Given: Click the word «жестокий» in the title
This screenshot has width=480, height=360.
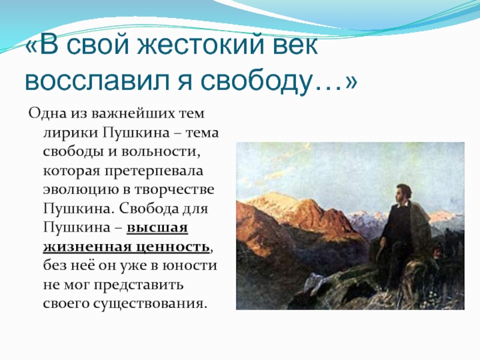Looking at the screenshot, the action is pos(200,46).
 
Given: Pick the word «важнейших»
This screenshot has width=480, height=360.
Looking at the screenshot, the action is pos(133,113).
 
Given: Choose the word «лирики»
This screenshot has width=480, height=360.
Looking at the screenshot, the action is pos(71,133).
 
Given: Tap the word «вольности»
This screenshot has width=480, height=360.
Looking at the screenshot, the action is pos(160,152).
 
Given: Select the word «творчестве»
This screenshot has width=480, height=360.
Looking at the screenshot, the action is pos(174,190).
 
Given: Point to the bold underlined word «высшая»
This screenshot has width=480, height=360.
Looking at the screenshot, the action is pos(157,228).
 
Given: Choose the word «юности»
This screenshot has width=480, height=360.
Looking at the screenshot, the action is pos(191,266).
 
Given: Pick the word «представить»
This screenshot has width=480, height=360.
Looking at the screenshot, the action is pos(139,286).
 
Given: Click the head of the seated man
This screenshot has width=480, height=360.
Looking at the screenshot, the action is pos(403,193).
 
